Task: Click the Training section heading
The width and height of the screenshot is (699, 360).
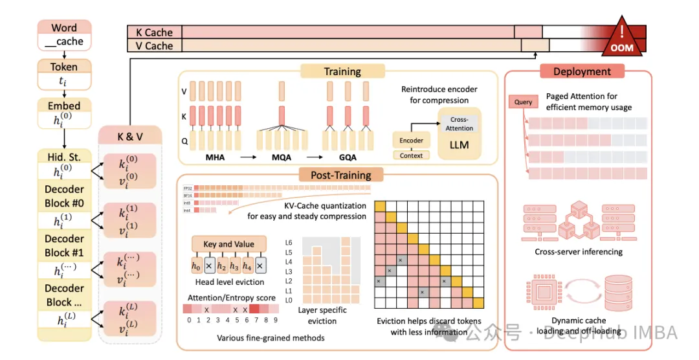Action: (x=342, y=72)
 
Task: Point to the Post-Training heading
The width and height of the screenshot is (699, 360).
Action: (x=340, y=175)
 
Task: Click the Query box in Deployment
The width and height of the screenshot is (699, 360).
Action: (x=523, y=102)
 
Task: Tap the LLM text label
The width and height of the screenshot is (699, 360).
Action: (x=459, y=146)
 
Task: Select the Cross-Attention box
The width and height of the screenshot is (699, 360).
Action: (x=459, y=124)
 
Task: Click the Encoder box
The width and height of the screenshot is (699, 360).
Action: (x=411, y=141)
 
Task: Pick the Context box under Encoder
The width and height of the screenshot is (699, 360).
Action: (x=411, y=155)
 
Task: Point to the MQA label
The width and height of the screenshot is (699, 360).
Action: (x=281, y=157)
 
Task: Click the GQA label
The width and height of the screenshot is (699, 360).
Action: (x=348, y=157)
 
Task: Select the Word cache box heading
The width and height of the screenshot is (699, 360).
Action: (x=64, y=28)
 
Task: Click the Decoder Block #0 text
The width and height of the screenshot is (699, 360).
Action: (x=64, y=196)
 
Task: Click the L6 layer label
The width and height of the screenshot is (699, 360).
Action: (x=289, y=242)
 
